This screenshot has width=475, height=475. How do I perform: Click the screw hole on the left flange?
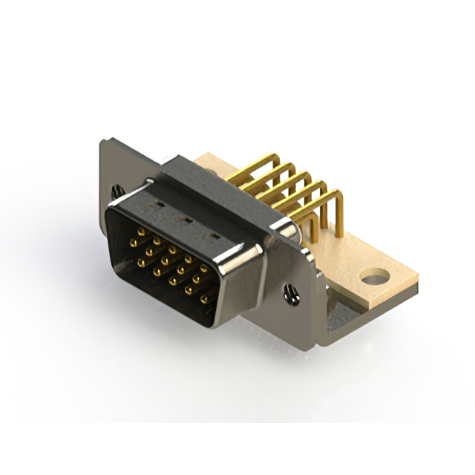(x=117, y=191)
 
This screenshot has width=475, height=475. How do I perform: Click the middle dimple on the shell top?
(x=188, y=219)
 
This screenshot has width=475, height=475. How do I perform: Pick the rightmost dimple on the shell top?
(x=216, y=236)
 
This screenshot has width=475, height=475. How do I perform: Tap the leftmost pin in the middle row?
(x=133, y=243)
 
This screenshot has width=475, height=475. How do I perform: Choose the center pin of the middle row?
(x=165, y=261)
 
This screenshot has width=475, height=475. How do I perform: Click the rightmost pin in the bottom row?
(x=204, y=299)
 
